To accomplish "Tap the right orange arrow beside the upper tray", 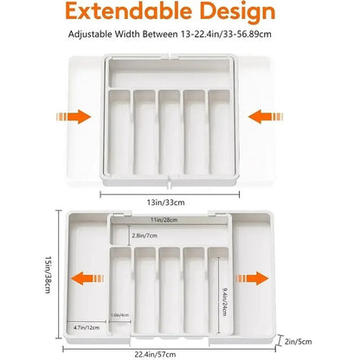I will coord(260,116).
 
